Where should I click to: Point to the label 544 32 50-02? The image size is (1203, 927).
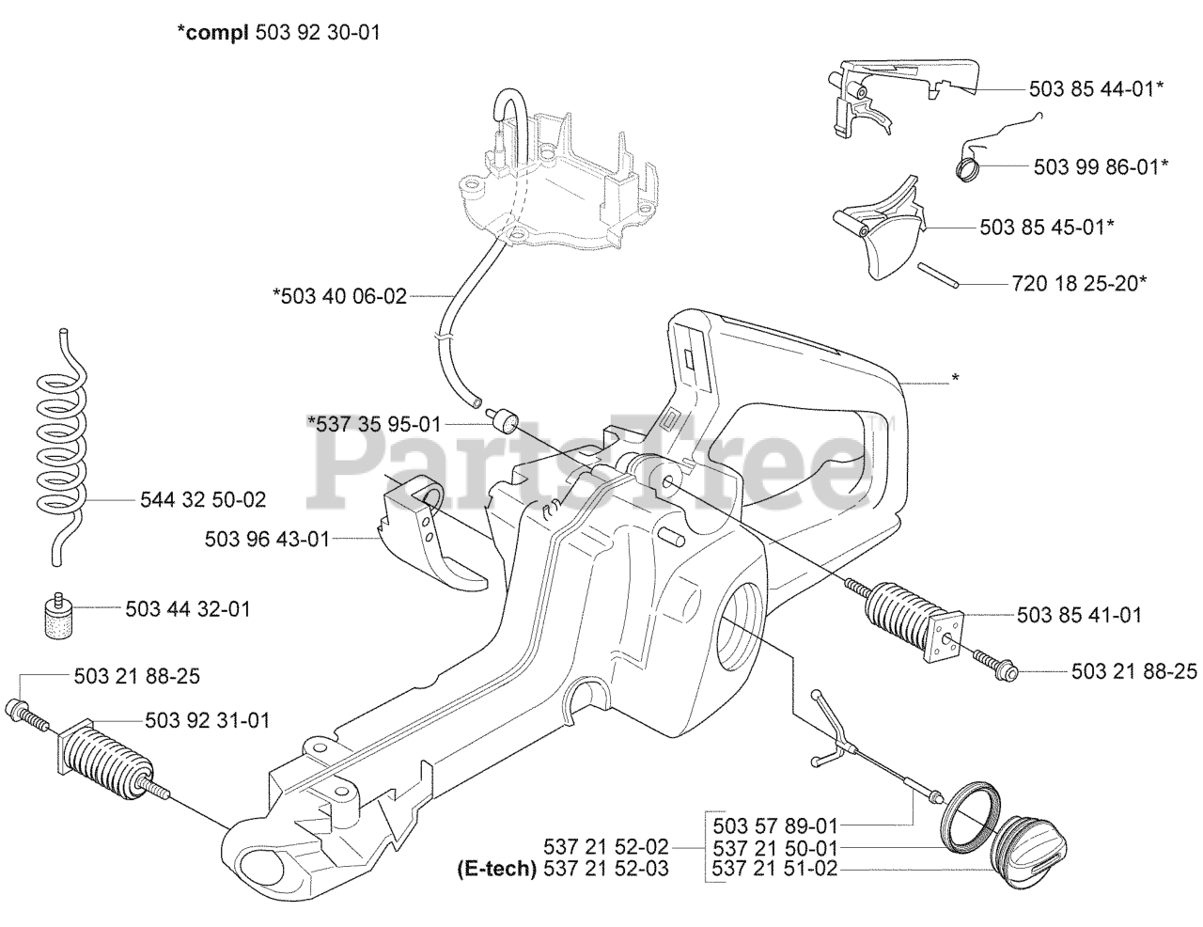coord(202,498)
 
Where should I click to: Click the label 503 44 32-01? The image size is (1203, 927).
coord(188,609)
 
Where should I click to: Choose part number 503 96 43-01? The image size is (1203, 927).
coord(267,539)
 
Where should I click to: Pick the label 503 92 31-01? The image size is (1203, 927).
coord(208,721)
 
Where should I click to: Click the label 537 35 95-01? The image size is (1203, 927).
coord(374,424)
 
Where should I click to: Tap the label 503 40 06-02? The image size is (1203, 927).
coord(339,297)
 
